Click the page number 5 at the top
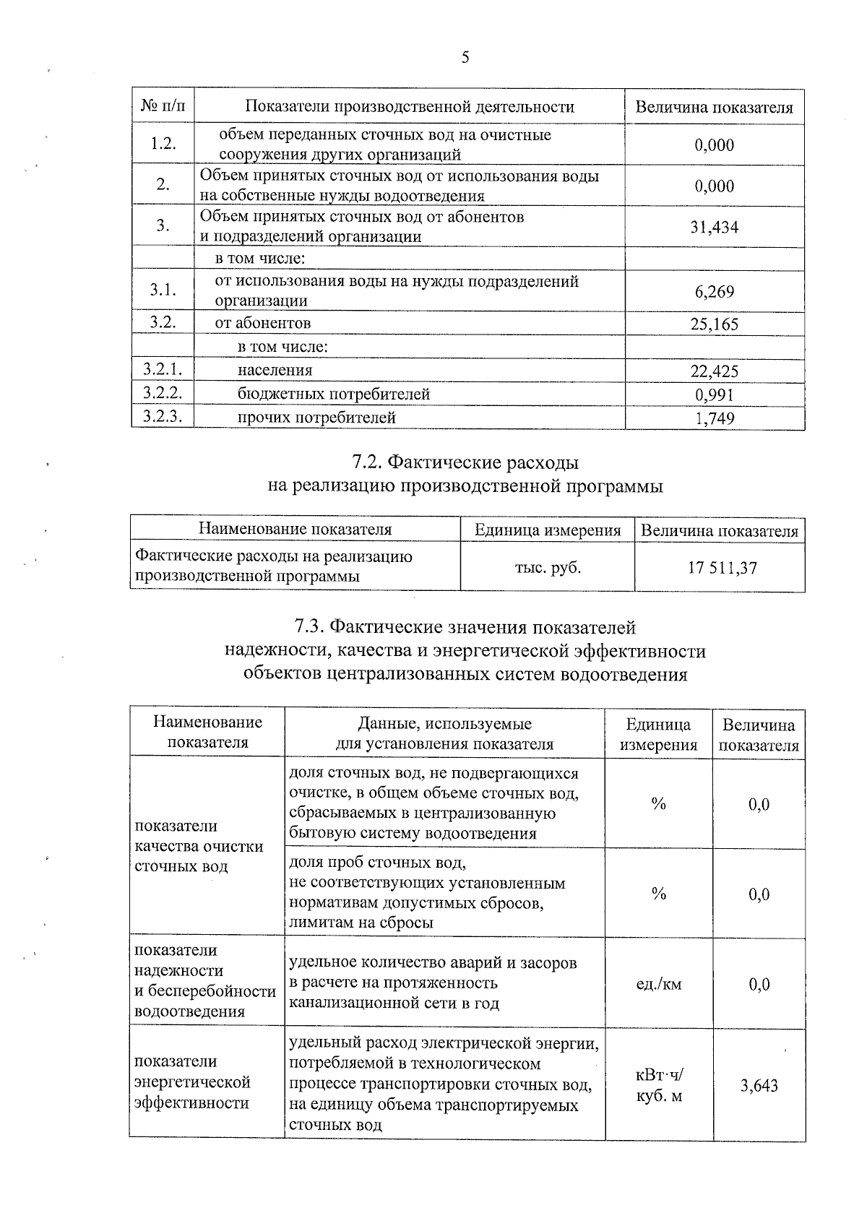pos(465,58)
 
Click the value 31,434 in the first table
pos(714,228)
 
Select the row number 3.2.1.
pos(163,370)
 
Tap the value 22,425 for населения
pos(714,371)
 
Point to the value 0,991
pos(714,394)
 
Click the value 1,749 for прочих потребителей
pos(714,418)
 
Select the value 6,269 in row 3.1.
pos(714,292)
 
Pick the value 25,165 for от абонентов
pos(714,324)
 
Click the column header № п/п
pos(163,107)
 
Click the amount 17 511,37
pos(722,568)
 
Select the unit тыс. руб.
pos(548,568)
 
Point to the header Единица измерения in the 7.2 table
pos(548,530)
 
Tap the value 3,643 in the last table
pos(759,1086)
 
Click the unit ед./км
pos(658,984)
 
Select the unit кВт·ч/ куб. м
pos(658,1085)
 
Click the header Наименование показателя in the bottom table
pos(207,733)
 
